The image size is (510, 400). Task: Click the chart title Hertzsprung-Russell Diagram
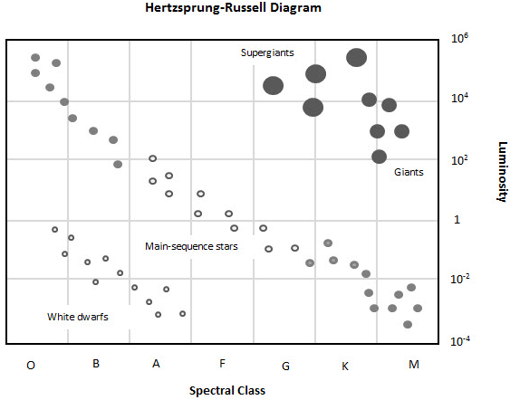point(233,8)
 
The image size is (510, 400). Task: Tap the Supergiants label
point(267,53)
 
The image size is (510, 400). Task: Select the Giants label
point(409,172)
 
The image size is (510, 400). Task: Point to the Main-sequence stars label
point(191,247)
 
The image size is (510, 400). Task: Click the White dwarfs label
point(78,317)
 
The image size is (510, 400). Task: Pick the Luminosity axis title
point(502,172)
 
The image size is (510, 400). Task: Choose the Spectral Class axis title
point(227,390)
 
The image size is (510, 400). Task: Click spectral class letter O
point(31,366)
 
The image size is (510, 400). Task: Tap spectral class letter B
point(96,363)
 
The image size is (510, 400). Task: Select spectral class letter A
point(156,363)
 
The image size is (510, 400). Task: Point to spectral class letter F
point(222,363)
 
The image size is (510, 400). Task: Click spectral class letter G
point(285,367)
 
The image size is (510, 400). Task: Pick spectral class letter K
point(345,367)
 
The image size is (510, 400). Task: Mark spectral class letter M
point(414,365)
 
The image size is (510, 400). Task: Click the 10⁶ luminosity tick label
point(459,38)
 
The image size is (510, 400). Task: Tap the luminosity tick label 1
point(457,220)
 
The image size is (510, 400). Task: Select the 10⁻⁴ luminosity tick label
point(460,341)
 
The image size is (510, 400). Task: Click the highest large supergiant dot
point(357,58)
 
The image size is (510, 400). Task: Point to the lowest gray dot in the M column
point(408,324)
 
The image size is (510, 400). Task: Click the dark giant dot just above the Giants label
point(379,157)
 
